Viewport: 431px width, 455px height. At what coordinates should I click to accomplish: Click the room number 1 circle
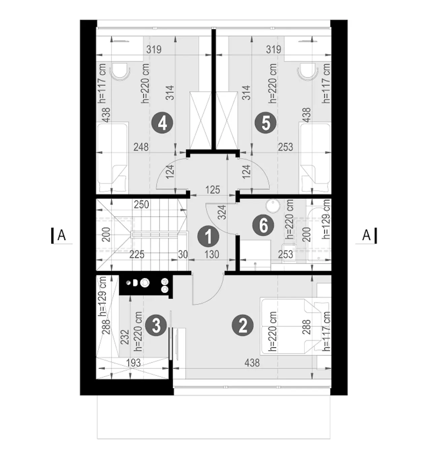(x=208, y=236)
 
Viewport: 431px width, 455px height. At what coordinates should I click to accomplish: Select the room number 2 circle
(x=243, y=325)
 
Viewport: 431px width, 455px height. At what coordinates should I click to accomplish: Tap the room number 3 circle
(x=156, y=325)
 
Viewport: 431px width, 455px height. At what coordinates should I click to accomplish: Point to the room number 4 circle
(x=162, y=123)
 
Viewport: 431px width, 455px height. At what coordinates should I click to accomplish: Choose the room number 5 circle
(x=266, y=123)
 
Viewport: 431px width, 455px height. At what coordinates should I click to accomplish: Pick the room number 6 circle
(x=263, y=225)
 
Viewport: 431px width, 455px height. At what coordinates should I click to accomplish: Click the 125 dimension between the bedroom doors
(x=213, y=190)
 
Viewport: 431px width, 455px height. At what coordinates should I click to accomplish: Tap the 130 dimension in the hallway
(x=212, y=255)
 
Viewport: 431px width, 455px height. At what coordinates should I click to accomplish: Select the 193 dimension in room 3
(x=134, y=363)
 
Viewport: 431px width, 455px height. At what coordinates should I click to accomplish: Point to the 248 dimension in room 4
(x=141, y=147)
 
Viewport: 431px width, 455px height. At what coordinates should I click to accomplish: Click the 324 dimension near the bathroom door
(x=222, y=212)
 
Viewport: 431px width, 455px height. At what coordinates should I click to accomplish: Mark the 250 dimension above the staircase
(x=141, y=205)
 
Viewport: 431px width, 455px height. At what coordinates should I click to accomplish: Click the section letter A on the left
(x=62, y=236)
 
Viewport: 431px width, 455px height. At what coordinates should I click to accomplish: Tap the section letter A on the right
(x=366, y=236)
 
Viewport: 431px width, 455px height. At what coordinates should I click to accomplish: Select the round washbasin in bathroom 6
(x=273, y=206)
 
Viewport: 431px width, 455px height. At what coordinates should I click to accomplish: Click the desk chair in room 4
(x=121, y=71)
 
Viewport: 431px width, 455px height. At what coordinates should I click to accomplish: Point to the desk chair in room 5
(x=307, y=71)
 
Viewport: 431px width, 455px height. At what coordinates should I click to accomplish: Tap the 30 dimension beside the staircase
(x=183, y=255)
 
